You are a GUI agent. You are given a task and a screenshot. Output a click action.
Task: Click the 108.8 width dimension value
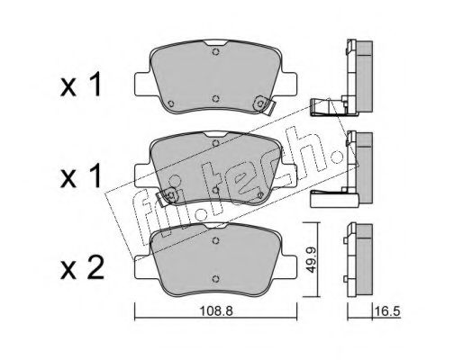(216, 311)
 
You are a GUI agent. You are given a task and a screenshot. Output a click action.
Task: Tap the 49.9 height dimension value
(312, 260)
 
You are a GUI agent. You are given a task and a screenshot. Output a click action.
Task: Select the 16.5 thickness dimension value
(387, 311)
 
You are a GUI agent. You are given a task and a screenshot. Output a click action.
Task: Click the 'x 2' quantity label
(82, 268)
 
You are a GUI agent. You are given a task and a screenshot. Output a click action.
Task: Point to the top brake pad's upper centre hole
(215, 51)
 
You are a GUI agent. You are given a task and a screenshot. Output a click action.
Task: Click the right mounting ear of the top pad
(288, 85)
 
